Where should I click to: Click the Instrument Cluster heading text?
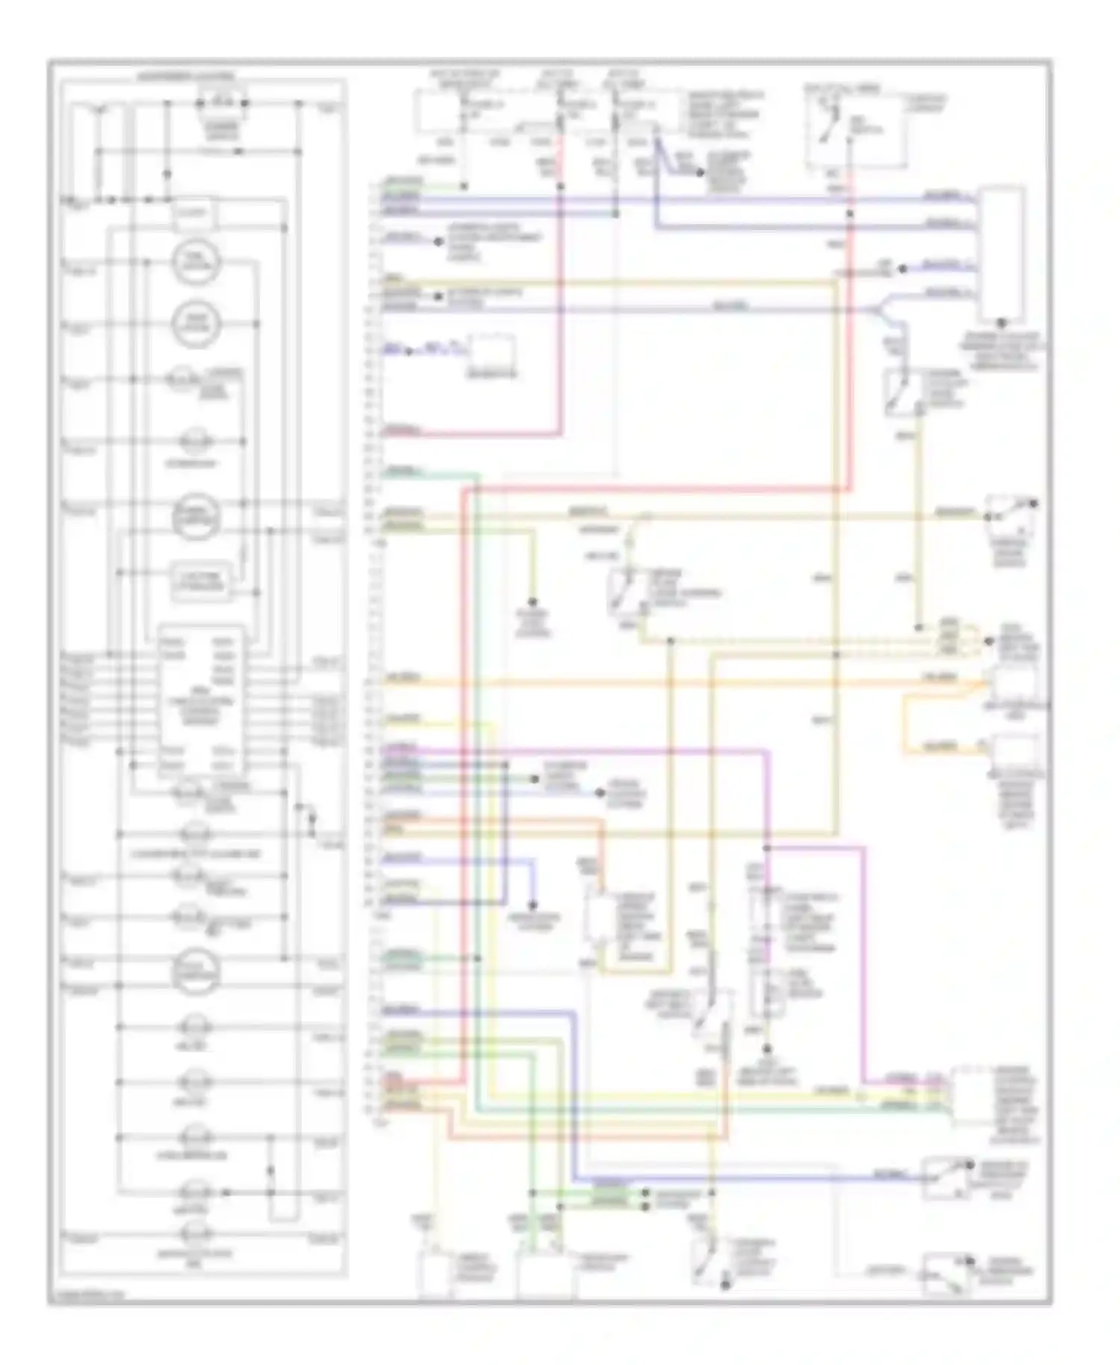point(184,76)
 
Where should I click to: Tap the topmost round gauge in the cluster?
point(195,262)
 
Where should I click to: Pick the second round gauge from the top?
point(195,323)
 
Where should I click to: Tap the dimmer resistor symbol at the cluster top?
point(223,102)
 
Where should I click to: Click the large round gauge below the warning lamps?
point(195,971)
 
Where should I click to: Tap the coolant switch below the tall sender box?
point(903,391)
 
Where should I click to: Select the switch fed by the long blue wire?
point(948,1178)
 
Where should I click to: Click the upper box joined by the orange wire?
point(1013,685)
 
